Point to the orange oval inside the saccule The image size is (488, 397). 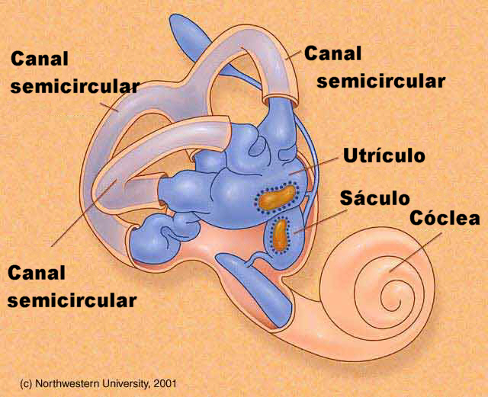coord(282,235)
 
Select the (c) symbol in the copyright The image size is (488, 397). coord(27,380)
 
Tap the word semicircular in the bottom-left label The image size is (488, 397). coord(72,299)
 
